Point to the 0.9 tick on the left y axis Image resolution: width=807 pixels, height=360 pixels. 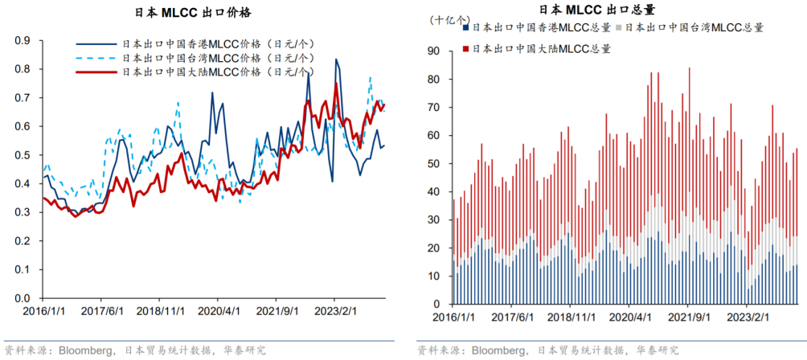23,40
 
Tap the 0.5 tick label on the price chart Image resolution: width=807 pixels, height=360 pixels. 23,155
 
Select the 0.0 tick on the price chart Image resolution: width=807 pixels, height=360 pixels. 23,298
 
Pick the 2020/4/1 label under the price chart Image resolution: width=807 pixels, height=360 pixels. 219,310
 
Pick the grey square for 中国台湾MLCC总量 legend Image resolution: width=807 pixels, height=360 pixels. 617,27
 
